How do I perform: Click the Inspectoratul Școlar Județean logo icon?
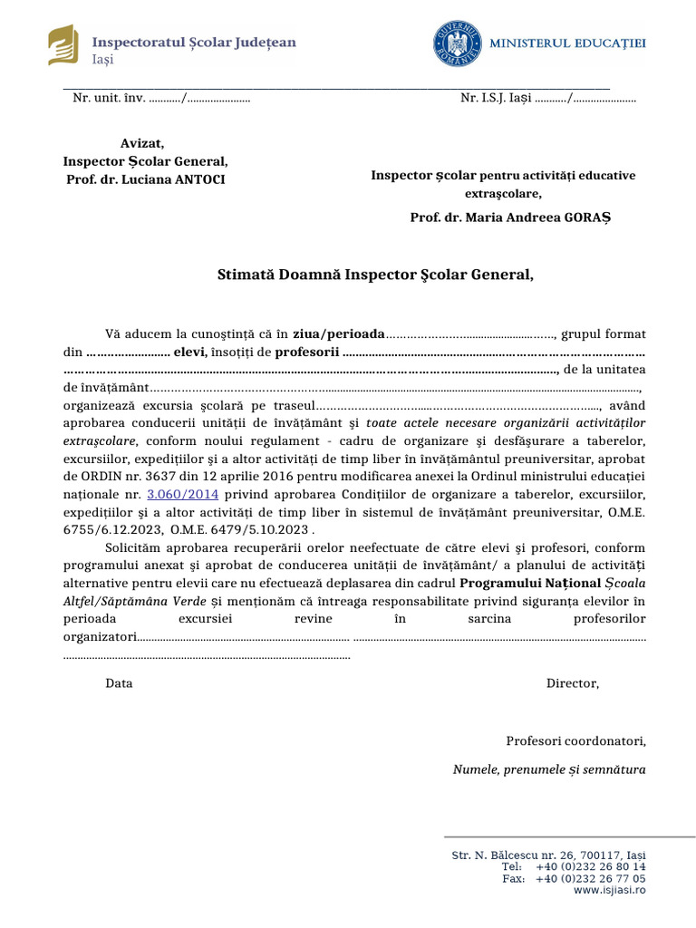(x=63, y=46)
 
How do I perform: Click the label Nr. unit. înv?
(x=109, y=98)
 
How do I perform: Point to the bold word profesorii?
(x=307, y=352)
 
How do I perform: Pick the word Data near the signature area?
(x=119, y=683)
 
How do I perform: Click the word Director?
(x=572, y=683)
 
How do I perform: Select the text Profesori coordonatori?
(x=575, y=741)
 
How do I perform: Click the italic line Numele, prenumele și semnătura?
(x=548, y=770)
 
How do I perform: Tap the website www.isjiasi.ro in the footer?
(x=609, y=891)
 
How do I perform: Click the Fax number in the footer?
(x=590, y=879)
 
